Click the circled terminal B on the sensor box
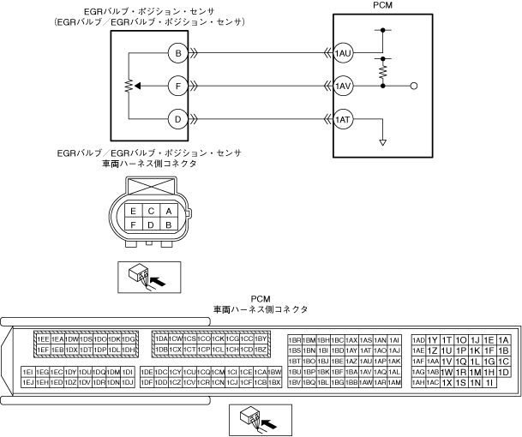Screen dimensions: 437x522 [x=178, y=54]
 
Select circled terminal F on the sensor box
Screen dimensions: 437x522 [x=178, y=87]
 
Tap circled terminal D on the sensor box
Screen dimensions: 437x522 [x=178, y=119]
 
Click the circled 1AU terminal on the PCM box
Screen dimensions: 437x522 [x=344, y=54]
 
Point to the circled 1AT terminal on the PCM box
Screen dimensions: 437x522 [x=344, y=119]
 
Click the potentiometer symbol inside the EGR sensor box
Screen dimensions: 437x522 [x=129, y=87]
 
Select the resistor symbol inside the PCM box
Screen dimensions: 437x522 [x=383, y=69]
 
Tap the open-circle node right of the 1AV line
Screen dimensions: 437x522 [x=414, y=87]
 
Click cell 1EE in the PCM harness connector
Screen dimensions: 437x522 [x=42, y=340]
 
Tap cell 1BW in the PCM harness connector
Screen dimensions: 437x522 [x=274, y=372]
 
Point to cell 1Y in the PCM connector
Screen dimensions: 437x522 [x=433, y=340]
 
